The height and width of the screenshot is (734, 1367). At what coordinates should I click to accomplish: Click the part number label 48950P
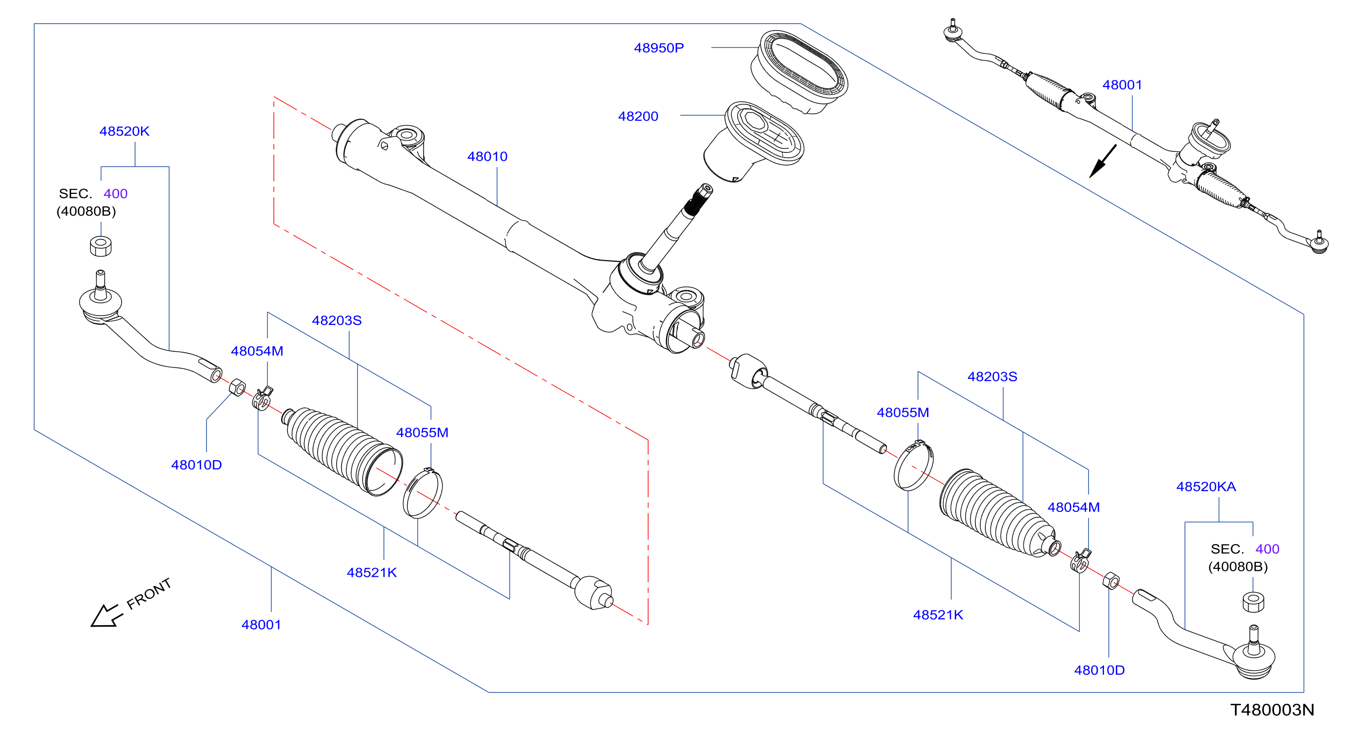tap(659, 48)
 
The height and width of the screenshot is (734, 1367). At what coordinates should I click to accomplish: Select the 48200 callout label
tap(638, 116)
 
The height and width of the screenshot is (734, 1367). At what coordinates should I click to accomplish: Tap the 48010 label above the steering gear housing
tap(487, 157)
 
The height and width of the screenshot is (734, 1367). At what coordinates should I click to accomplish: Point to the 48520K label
tap(124, 131)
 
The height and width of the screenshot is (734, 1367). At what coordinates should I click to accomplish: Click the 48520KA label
tap(1206, 487)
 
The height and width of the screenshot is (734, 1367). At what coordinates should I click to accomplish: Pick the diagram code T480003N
tap(1272, 710)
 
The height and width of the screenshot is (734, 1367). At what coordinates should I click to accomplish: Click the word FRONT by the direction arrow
tap(149, 594)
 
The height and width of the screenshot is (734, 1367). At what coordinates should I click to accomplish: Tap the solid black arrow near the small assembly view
tap(1102, 161)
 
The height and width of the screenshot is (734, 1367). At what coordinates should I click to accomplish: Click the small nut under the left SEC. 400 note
tap(101, 246)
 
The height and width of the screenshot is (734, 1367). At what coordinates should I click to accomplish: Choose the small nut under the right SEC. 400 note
tap(1253, 602)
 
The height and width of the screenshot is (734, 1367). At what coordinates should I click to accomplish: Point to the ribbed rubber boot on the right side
tap(998, 514)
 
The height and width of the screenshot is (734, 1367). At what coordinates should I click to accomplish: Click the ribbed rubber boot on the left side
tap(342, 451)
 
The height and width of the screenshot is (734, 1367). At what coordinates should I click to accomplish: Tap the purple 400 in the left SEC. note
tap(115, 194)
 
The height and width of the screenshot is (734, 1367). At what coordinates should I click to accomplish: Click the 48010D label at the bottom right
tap(1099, 670)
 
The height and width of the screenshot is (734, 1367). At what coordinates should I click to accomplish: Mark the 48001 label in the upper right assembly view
tap(1122, 85)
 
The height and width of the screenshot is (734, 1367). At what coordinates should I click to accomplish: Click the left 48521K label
tap(371, 573)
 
